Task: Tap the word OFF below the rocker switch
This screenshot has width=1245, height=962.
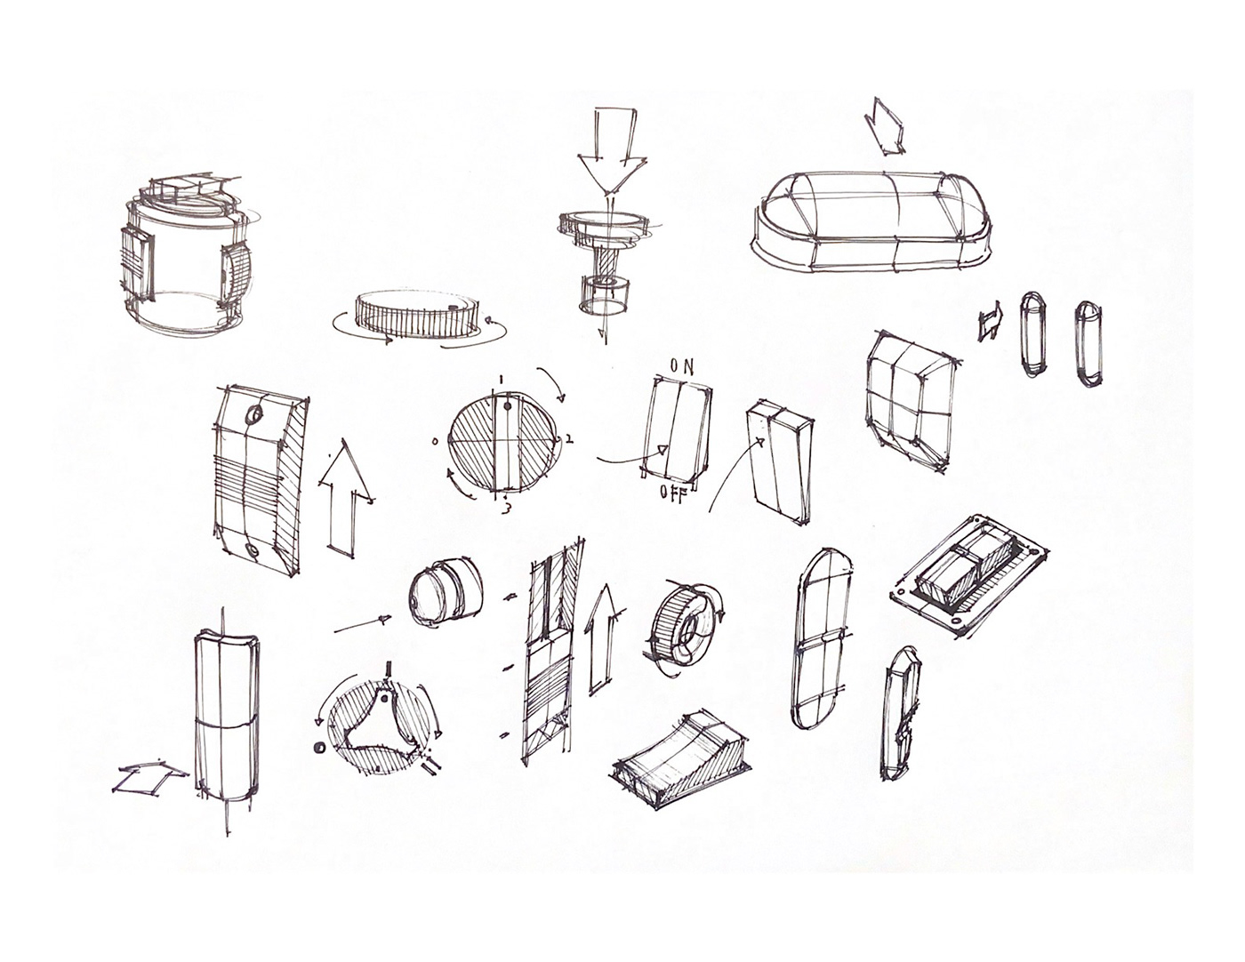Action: tap(672, 494)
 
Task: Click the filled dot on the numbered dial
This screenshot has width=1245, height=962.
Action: tap(508, 409)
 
